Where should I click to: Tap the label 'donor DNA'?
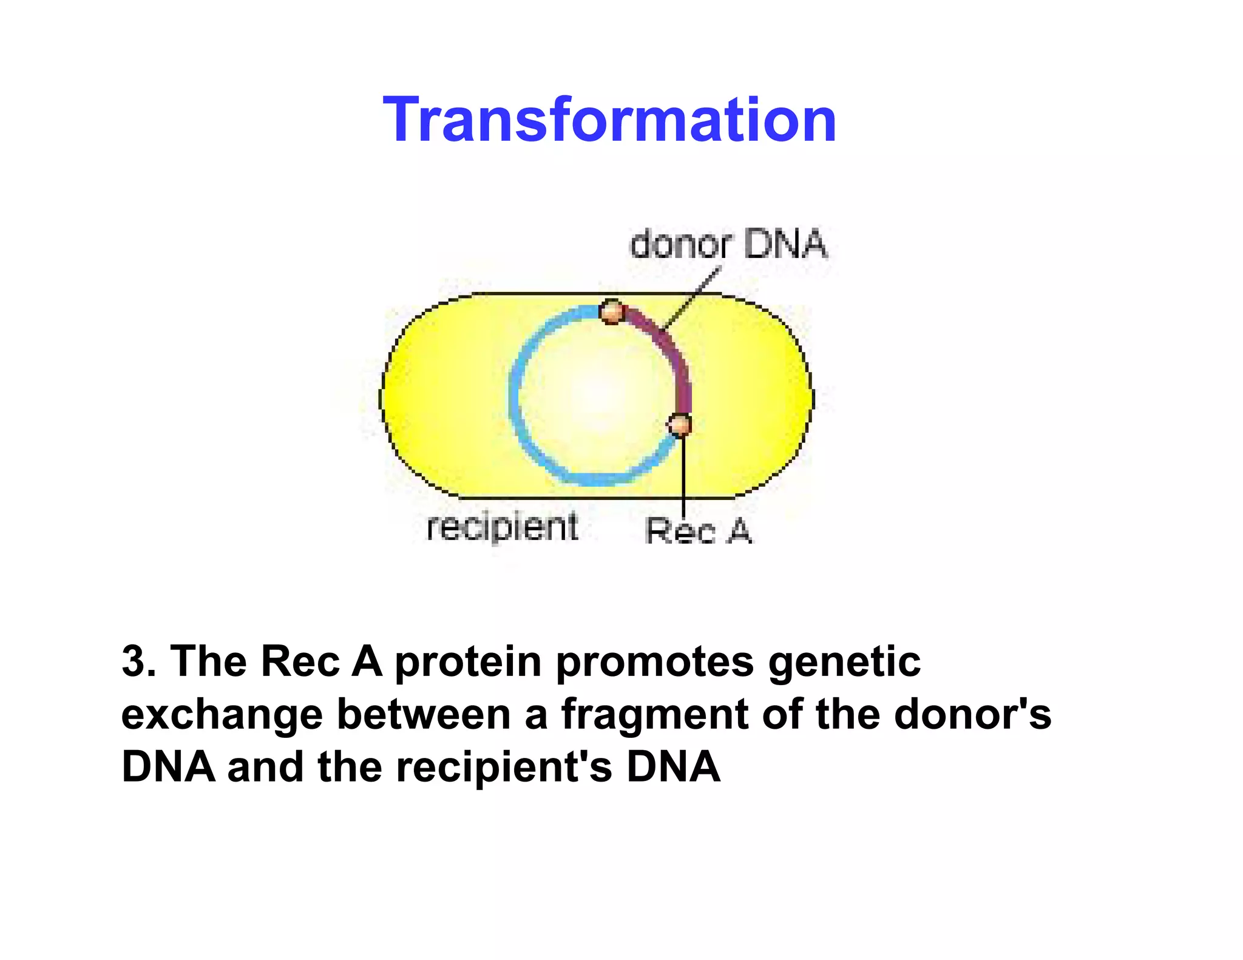[x=728, y=245]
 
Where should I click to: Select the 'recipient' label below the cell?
[x=503, y=527]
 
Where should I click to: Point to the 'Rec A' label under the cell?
[x=699, y=532]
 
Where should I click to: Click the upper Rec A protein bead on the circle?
[x=612, y=312]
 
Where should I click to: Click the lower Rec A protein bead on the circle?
[x=680, y=424]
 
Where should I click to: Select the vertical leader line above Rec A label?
[x=683, y=473]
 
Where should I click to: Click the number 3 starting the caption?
[x=134, y=661]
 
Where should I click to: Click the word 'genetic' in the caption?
[x=844, y=661]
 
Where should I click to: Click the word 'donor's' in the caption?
[x=972, y=714]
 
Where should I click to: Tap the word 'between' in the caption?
[x=424, y=714]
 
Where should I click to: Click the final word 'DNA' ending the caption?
[x=673, y=767]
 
